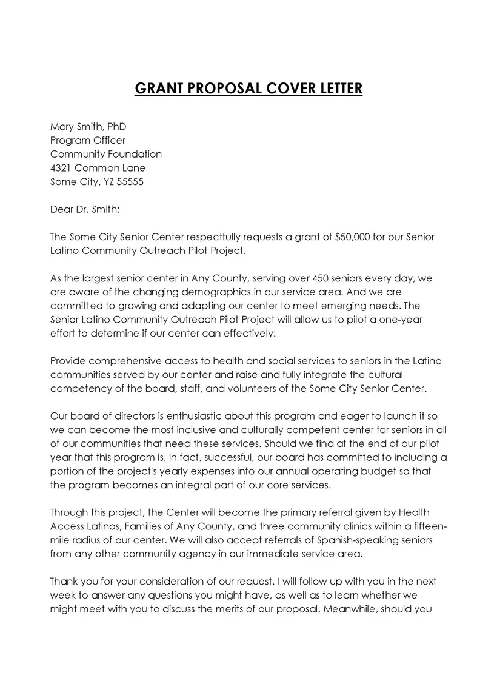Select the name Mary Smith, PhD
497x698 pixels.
88,127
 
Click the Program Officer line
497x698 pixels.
88,141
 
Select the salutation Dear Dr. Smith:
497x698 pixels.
85,209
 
